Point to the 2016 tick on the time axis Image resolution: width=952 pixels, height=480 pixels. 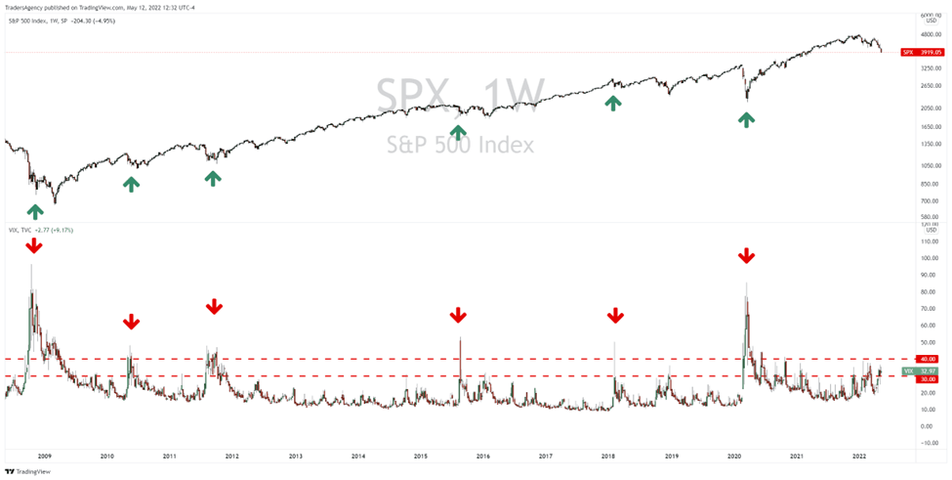[x=482, y=456]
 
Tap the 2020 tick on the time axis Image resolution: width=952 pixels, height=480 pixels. [x=734, y=456]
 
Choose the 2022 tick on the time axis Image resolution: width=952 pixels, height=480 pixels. [x=859, y=456]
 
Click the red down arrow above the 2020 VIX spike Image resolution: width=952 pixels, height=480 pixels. [x=746, y=255]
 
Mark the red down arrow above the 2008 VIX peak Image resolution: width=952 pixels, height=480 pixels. [x=34, y=245]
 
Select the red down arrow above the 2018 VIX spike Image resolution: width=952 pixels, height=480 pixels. [x=615, y=315]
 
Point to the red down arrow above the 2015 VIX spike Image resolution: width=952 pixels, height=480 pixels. [x=458, y=315]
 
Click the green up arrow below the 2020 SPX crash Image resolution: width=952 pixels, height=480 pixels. [x=746, y=119]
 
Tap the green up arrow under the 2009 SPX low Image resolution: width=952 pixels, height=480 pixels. [x=36, y=210]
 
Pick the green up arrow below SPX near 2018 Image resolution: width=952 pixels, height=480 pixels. [x=612, y=102]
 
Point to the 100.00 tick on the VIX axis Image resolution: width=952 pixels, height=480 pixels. [x=929, y=258]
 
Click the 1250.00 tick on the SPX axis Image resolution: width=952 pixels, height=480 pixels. [x=929, y=145]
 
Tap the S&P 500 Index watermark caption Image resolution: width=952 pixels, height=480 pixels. [x=459, y=145]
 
